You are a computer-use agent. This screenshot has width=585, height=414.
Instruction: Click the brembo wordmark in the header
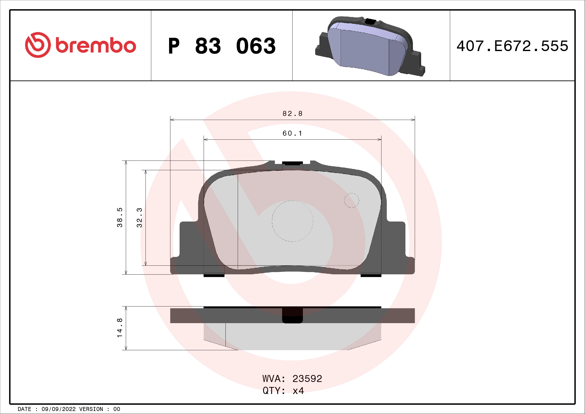click(x=96, y=46)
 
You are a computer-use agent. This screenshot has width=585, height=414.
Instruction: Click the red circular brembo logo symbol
click(x=38, y=45)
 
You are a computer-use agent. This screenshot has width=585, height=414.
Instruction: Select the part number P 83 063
click(x=222, y=46)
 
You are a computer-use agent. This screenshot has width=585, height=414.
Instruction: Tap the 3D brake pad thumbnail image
click(x=370, y=46)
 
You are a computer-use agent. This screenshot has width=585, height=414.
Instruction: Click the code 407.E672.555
click(x=512, y=46)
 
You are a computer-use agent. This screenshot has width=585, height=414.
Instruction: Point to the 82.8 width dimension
click(x=292, y=114)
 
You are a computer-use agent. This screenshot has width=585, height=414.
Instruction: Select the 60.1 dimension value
click(x=292, y=133)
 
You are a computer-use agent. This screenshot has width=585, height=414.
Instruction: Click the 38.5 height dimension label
click(x=120, y=217)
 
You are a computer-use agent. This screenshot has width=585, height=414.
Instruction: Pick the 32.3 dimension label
click(x=139, y=217)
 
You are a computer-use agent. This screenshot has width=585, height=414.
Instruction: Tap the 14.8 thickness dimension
click(x=120, y=328)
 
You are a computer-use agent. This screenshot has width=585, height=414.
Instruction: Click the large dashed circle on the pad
click(x=292, y=221)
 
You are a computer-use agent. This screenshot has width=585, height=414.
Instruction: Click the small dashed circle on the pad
click(x=352, y=200)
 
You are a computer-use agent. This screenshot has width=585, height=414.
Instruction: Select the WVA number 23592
click(x=307, y=378)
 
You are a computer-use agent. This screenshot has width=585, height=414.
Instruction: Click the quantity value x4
click(x=298, y=390)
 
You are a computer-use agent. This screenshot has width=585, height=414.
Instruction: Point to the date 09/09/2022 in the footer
click(x=59, y=409)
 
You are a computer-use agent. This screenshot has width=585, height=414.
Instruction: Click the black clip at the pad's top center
click(x=292, y=163)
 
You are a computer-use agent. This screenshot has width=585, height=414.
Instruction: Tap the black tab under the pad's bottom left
click(x=214, y=275)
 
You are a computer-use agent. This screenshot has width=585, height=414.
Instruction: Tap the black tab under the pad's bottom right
click(x=371, y=275)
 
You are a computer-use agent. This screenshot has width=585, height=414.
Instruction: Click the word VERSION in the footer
click(x=91, y=409)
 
